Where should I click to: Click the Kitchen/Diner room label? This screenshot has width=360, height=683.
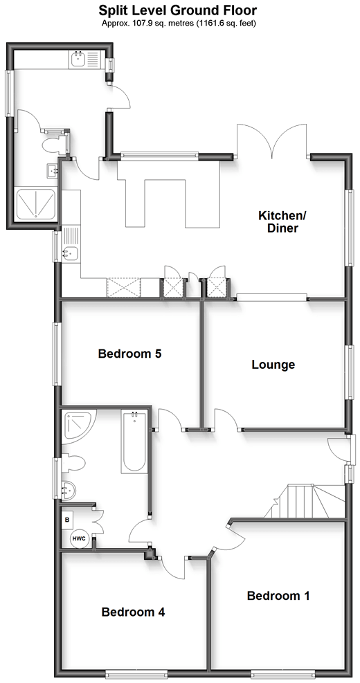pos(278,221)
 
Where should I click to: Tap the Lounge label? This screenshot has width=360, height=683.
pos(273,364)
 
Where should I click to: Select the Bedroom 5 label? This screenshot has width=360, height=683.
pos(130,354)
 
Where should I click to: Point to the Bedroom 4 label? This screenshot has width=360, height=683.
pos(133,612)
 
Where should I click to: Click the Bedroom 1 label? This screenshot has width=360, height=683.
pos(278,595)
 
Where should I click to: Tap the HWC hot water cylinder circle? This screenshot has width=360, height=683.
pos(80,538)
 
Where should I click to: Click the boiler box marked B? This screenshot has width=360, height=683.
pos(68,520)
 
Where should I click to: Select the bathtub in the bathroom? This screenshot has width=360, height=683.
pos(134,441)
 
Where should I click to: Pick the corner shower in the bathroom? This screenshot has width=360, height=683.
pos(75,426)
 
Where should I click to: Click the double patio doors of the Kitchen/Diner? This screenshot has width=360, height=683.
pos(273,142)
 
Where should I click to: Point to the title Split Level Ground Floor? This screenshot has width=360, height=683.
pos(178,10)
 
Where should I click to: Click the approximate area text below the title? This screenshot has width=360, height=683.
pos(178,23)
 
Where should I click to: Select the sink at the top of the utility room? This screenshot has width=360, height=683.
pos(78,59)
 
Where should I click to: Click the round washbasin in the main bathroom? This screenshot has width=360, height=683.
pos(69,491)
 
